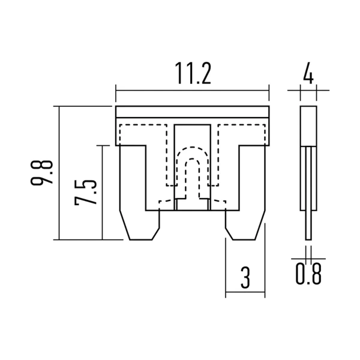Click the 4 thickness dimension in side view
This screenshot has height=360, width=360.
(x=308, y=75)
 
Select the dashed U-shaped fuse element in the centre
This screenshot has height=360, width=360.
(x=192, y=174)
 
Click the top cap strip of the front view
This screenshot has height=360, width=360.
(x=192, y=111)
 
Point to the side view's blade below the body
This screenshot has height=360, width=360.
(x=308, y=225)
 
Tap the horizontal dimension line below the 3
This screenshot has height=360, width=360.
(x=245, y=294)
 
